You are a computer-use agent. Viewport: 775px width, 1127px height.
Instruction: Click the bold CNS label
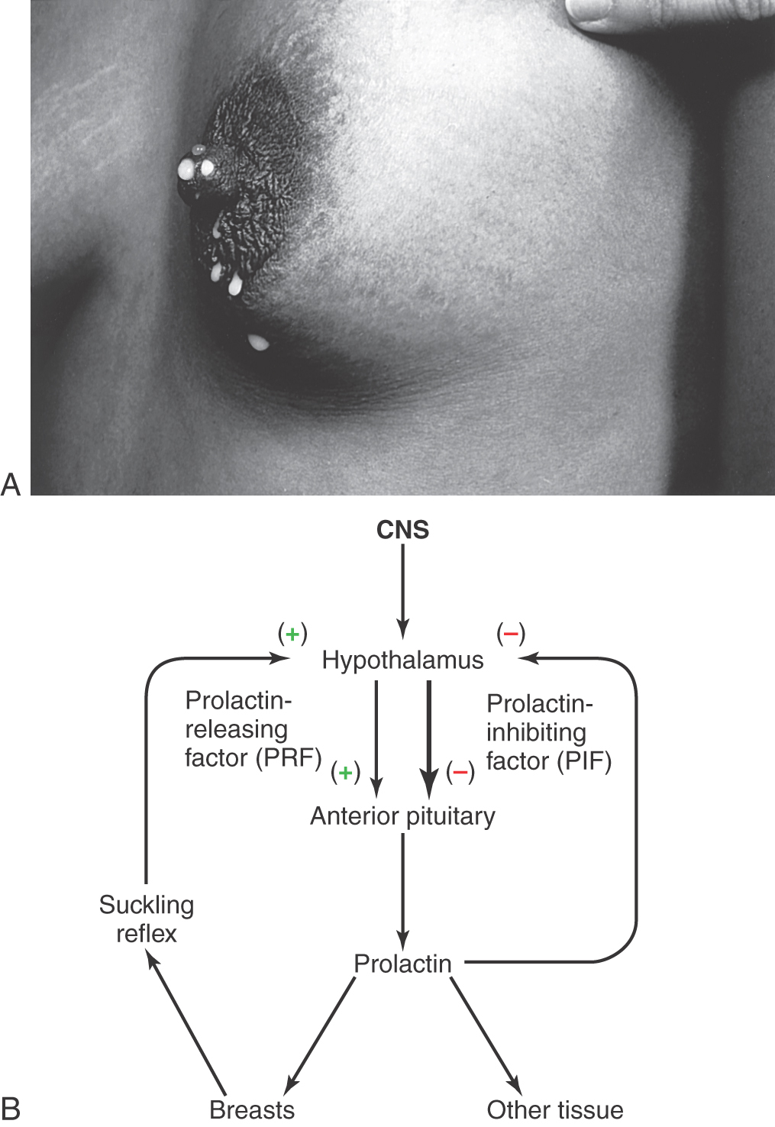coord(402,530)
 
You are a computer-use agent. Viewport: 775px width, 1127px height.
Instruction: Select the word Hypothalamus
coord(402,660)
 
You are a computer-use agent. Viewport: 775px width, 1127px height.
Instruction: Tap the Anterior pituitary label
coord(402,816)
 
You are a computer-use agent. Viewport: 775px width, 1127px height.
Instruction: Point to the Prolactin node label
coord(402,964)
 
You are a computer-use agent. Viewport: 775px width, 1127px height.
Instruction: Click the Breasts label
coord(252,1109)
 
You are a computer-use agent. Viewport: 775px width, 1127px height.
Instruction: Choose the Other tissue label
coord(555,1109)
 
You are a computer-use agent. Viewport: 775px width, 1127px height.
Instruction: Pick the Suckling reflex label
coord(147,919)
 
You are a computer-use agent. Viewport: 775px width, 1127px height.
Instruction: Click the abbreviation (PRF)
coord(289,758)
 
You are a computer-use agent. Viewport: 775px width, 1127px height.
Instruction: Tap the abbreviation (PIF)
coord(584,761)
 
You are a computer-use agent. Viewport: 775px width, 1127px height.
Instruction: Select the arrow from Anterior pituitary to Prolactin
coord(402,892)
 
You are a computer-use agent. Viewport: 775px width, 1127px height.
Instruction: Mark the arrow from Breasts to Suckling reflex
coord(187,1027)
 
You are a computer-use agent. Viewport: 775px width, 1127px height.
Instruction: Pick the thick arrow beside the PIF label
coord(429,740)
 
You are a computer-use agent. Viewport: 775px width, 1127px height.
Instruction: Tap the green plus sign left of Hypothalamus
coord(292,635)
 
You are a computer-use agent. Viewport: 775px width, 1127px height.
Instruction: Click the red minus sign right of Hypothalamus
coord(511,634)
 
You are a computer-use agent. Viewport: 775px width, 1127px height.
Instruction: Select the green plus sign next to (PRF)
coord(346,772)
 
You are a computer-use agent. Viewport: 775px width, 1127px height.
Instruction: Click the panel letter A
coord(11,485)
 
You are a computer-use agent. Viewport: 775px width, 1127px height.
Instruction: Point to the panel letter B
coord(11,1109)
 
